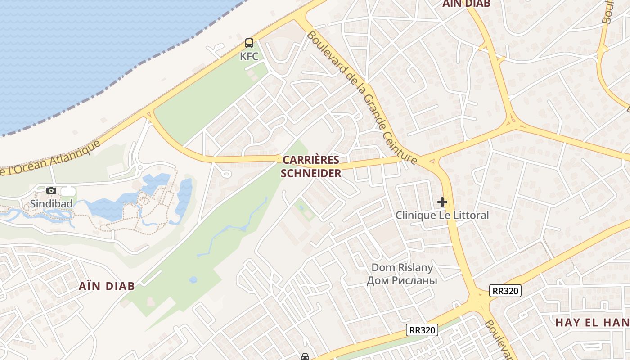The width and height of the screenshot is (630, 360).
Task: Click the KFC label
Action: (x=249, y=56)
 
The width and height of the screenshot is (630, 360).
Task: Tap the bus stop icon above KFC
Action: (x=249, y=44)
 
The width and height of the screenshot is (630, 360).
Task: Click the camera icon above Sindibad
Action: (x=51, y=191)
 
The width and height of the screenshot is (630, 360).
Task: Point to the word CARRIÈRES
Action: (x=311, y=160)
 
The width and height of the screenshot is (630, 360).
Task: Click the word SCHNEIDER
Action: (x=311, y=173)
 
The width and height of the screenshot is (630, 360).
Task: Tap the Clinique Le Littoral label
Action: (x=442, y=215)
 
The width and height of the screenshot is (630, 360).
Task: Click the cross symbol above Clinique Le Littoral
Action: (x=442, y=202)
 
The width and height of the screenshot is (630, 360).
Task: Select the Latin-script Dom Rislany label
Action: (x=402, y=268)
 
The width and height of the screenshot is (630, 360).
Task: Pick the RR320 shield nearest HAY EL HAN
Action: (x=506, y=291)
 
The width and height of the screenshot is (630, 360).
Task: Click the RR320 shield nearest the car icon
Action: (x=422, y=330)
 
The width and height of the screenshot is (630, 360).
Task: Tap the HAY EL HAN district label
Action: (x=592, y=322)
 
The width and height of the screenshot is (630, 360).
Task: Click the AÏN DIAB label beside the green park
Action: (x=107, y=286)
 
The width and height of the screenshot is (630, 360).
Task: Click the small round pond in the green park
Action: (x=193, y=280)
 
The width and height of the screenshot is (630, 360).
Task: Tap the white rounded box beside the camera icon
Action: (x=68, y=191)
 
